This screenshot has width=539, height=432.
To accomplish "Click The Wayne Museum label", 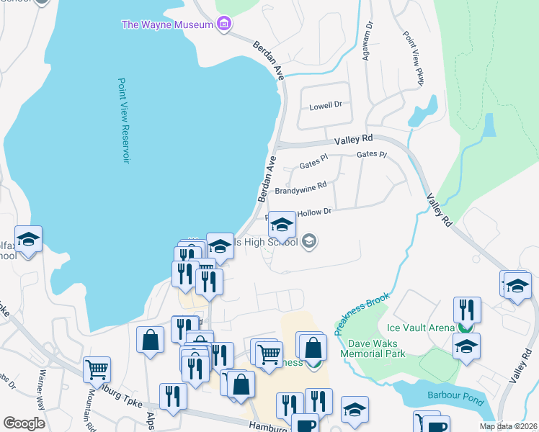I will tap(167, 24).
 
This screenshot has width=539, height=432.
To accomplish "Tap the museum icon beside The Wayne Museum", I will tap(223, 24).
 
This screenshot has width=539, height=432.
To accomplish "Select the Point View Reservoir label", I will tap(124, 120).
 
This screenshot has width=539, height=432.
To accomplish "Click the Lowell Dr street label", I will tap(325, 106).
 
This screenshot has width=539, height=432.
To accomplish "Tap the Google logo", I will tap(24, 423).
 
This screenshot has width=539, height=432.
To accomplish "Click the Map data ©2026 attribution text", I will tap(508, 426).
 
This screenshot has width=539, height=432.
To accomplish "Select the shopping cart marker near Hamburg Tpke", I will tap(97, 369).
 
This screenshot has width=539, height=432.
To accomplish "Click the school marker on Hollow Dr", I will tap(282, 225).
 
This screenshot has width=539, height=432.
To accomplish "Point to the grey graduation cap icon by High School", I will tap(309, 241).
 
